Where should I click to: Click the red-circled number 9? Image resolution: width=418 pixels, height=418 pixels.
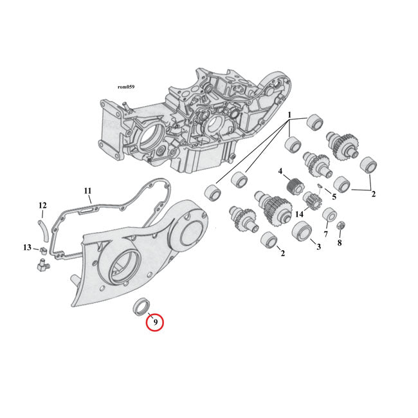click(154, 321)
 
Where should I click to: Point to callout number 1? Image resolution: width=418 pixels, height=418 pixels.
click(289, 116)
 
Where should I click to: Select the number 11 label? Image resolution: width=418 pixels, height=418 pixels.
click(88, 191)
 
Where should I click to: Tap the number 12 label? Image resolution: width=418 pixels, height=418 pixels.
click(42, 206)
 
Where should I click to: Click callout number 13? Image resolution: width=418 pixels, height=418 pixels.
click(27, 248)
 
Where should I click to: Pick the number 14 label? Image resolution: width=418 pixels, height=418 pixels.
click(300, 214)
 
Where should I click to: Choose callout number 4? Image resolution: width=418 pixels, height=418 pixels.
click(280, 171)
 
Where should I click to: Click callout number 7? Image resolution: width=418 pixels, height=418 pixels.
click(325, 235)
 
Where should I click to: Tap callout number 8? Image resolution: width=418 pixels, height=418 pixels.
click(340, 244)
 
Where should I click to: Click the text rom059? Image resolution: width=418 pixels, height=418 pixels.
click(126, 86)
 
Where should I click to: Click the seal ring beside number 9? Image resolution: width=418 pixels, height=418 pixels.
click(139, 306)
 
